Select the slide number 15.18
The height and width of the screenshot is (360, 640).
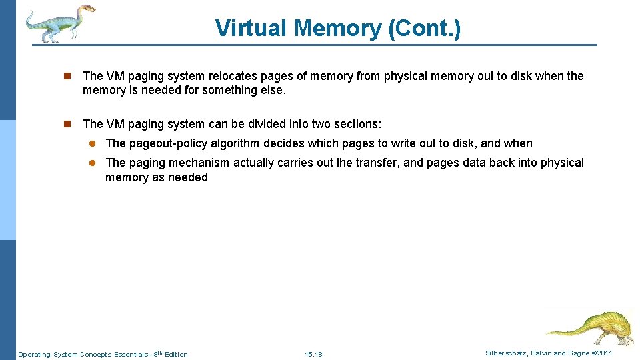[313, 354]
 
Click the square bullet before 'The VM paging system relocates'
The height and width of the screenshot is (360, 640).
[67, 76]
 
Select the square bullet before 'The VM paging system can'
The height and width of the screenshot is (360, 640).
[67, 124]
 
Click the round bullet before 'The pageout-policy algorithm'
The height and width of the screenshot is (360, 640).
[93, 143]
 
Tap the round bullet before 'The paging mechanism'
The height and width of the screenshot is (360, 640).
[93, 163]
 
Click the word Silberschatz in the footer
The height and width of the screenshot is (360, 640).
[508, 353]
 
